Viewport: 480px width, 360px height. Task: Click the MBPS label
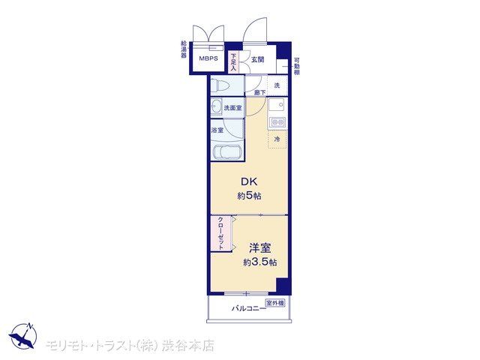(208, 58)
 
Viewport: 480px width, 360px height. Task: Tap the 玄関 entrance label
(257, 60)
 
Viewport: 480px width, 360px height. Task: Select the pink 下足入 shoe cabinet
(233, 62)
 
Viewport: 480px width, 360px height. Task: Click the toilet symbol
(220, 85)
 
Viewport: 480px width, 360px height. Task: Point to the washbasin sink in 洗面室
(216, 106)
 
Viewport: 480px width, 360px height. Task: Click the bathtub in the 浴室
(227, 151)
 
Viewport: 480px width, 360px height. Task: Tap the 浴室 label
(217, 130)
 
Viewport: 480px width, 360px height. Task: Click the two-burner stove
(277, 122)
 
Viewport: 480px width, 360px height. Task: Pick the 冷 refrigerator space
(277, 139)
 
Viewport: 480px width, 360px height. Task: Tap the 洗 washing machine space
(277, 85)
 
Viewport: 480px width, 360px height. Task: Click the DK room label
(249, 181)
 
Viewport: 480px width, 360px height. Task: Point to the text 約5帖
(249, 196)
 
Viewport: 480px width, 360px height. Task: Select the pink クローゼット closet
(220, 233)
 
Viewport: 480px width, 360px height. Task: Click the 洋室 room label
(260, 248)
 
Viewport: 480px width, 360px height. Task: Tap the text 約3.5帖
(260, 262)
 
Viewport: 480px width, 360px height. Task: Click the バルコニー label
(248, 308)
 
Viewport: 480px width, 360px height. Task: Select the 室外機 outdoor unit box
(275, 303)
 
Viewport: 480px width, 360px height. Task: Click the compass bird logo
(23, 336)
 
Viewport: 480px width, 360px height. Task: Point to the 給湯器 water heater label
(184, 49)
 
